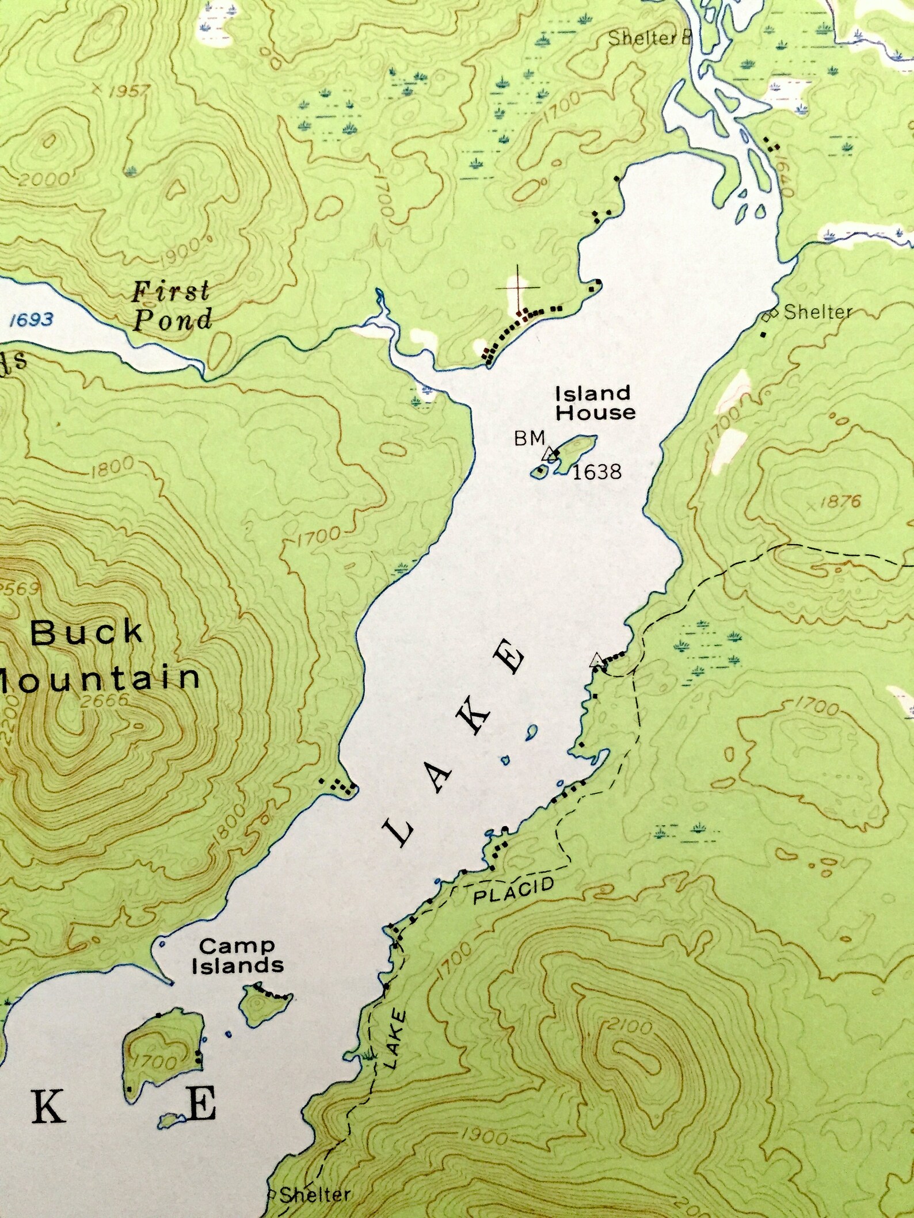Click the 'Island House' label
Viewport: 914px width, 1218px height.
[595, 403]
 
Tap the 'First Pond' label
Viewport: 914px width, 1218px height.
[172, 306]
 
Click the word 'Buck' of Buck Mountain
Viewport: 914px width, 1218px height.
[86, 633]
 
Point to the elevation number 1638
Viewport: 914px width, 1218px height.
[597, 472]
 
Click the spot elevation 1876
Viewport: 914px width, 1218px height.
[840, 502]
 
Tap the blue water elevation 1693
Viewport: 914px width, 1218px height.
[32, 319]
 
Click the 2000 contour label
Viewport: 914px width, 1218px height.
[43, 180]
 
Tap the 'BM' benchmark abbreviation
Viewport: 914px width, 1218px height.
[529, 438]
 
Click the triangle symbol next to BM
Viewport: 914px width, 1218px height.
[550, 455]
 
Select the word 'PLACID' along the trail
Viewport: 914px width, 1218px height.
[513, 891]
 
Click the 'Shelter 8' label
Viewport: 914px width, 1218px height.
[649, 39]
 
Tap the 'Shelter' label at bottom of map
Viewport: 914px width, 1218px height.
[314, 1194]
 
